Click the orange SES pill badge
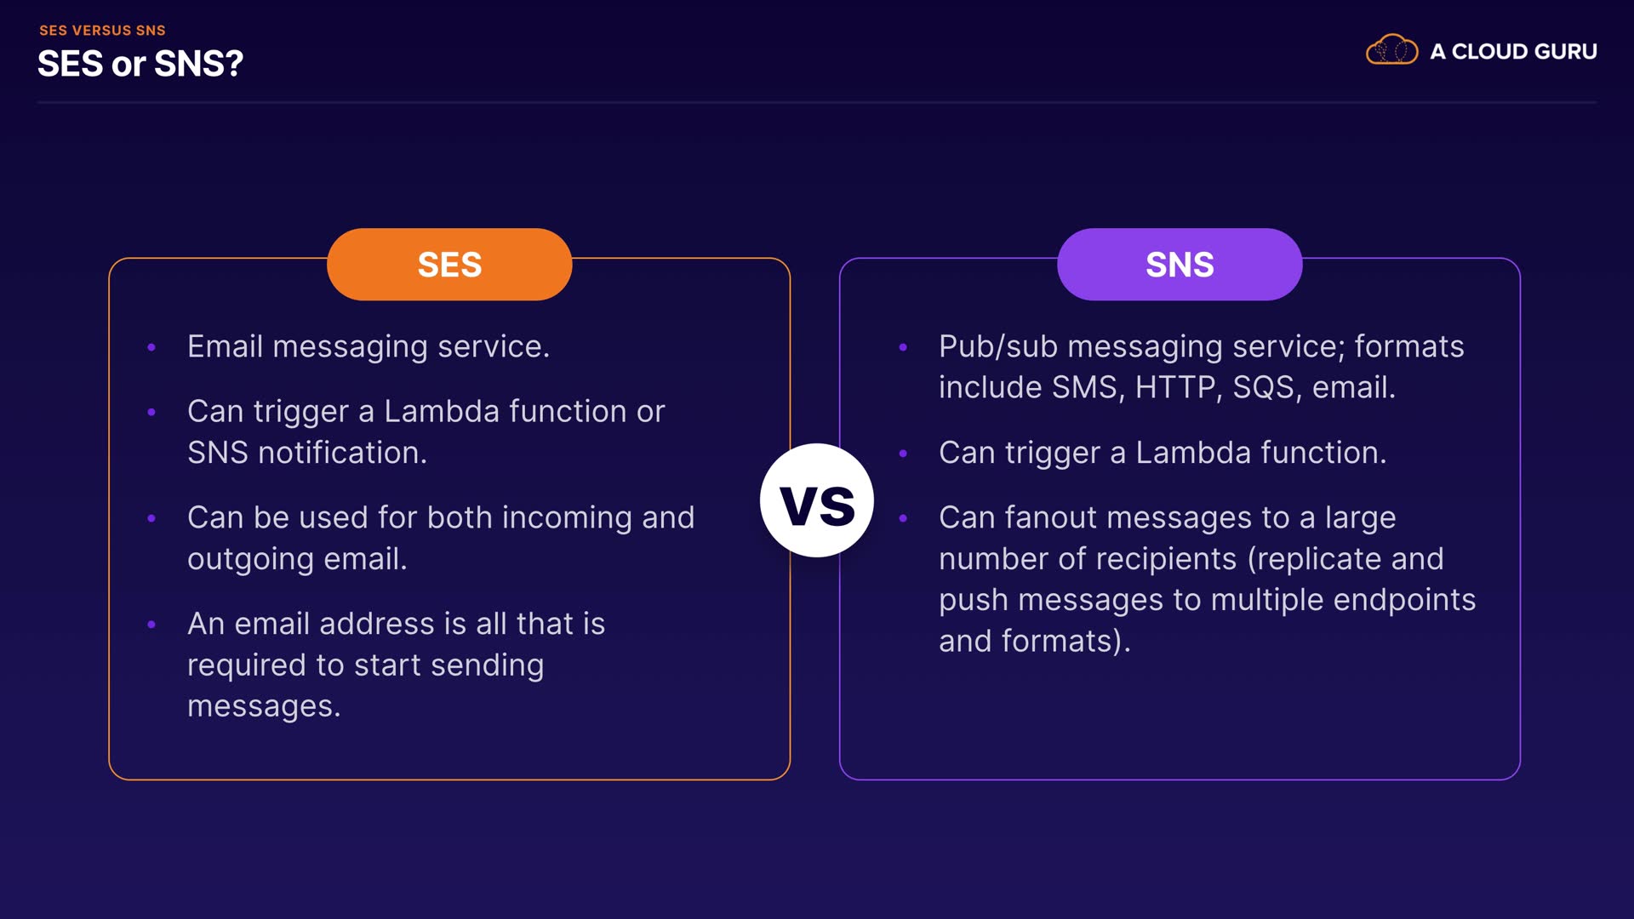point(449,265)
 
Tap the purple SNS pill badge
point(1180,265)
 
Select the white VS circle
point(817,501)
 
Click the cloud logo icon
point(1391,50)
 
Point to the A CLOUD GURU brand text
point(1513,52)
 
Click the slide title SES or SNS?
point(140,64)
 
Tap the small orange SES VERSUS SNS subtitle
point(102,31)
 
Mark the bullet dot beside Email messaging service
point(151,347)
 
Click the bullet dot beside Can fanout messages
point(903,518)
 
